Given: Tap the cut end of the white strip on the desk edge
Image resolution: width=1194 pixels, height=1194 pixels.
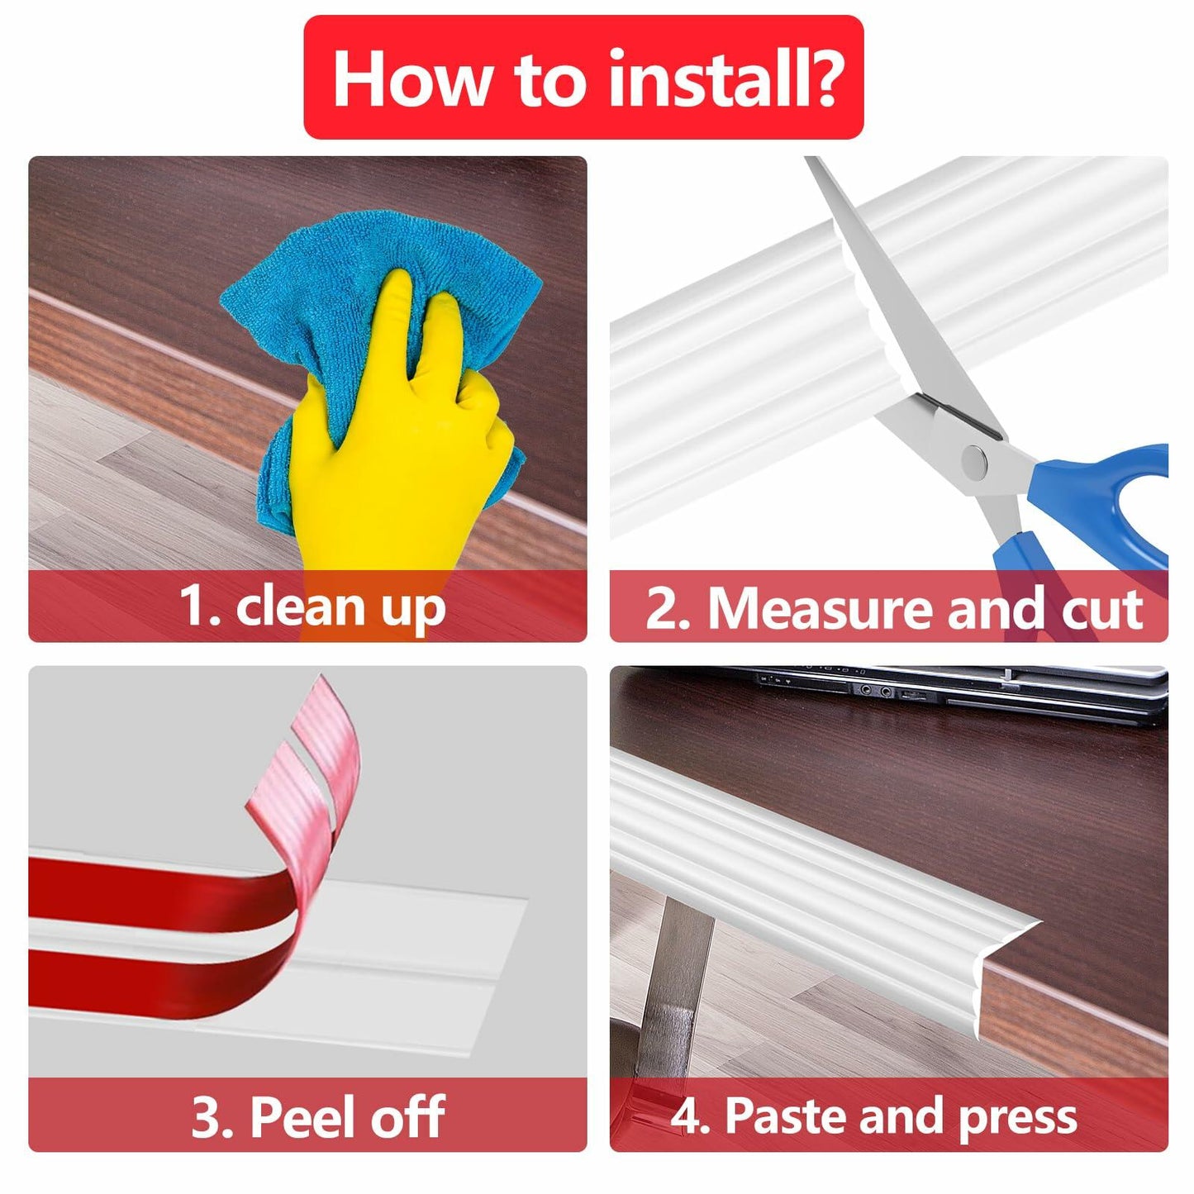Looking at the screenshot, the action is coord(1005,979).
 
